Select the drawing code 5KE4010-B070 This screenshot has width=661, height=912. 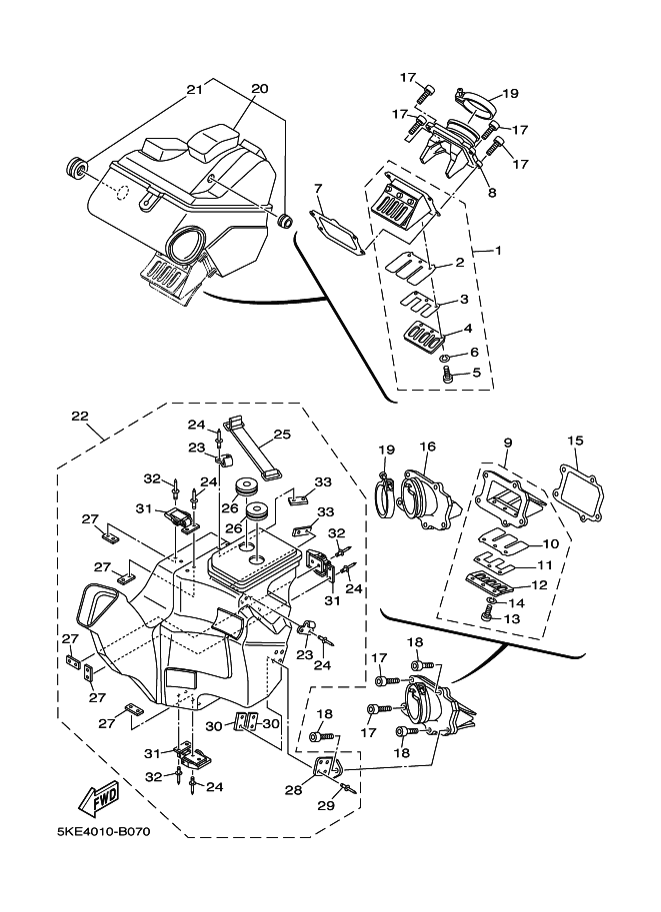(x=103, y=832)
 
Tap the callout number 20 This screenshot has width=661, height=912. (x=260, y=89)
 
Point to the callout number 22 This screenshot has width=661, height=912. (x=80, y=416)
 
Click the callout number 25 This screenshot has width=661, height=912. (x=282, y=435)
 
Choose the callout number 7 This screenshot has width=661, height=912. (x=318, y=188)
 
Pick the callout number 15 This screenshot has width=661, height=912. (x=575, y=441)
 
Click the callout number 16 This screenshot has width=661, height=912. (x=427, y=447)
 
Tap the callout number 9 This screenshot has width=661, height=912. (x=508, y=443)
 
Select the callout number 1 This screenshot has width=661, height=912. (x=499, y=251)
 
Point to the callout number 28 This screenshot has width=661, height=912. (x=294, y=790)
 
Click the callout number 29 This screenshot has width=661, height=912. (x=326, y=805)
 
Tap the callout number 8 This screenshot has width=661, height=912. (x=492, y=193)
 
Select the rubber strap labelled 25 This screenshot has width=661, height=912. (x=249, y=447)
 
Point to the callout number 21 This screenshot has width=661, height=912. (x=195, y=89)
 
